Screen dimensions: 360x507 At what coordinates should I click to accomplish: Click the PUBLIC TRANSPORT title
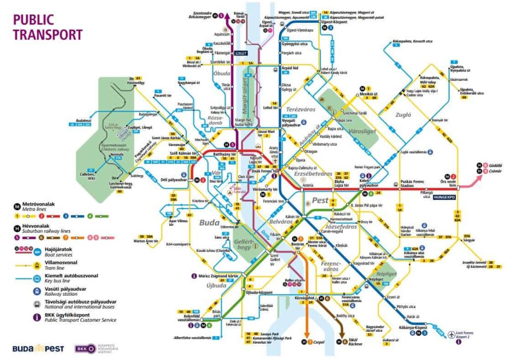pyautogui.click(x=47, y=27)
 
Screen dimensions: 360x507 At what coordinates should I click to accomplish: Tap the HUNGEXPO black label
pyautogui.click(x=444, y=197)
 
